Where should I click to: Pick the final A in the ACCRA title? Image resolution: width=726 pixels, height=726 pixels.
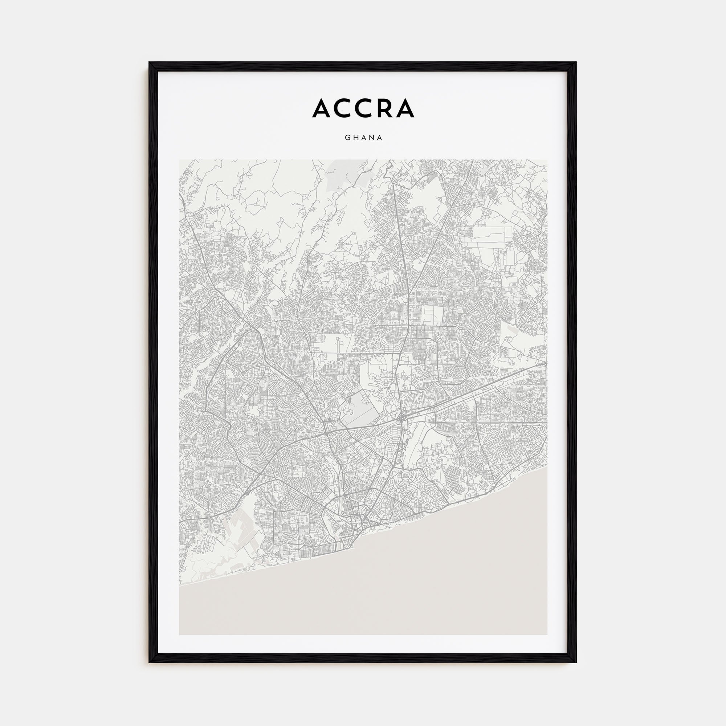405,108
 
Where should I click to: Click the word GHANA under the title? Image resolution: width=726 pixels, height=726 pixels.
363,138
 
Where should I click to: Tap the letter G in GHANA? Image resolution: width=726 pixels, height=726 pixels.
347,138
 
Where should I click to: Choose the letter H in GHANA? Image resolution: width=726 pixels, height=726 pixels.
355,138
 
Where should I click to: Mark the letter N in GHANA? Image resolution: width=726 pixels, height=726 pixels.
372,138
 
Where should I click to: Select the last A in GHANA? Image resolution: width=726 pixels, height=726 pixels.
380,138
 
